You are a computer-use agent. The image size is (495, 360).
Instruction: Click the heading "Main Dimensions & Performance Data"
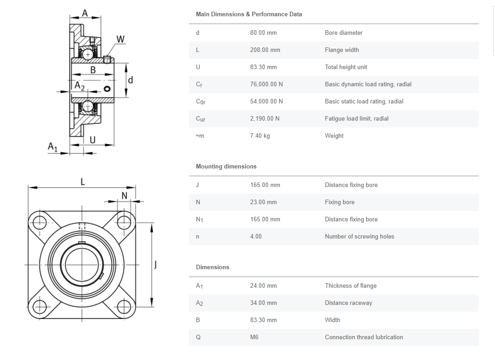pyautogui.click(x=249, y=14)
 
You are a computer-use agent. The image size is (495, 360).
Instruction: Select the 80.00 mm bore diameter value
pyautogui.click(x=263, y=33)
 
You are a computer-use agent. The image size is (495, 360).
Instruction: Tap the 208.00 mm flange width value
pyautogui.click(x=265, y=50)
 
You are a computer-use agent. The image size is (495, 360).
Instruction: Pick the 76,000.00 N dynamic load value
pyautogui.click(x=266, y=84)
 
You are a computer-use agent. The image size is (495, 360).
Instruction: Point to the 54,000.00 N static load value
pyautogui.click(x=266, y=101)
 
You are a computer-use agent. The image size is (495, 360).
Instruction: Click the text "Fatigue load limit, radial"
pyautogui.click(x=356, y=118)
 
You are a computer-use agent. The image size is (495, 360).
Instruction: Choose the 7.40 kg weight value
pyautogui.click(x=259, y=136)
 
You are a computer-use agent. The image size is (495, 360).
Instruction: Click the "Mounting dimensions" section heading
pyautogui.click(x=226, y=166)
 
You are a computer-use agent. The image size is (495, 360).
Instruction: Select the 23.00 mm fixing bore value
pyautogui.click(x=263, y=202)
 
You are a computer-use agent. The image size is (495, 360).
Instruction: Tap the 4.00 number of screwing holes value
pyautogui.click(x=256, y=236)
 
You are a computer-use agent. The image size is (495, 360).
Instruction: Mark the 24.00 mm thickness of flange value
pyautogui.click(x=263, y=285)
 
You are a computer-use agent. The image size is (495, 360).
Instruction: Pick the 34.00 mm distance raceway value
pyautogui.click(x=263, y=303)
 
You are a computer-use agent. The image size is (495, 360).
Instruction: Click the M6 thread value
pyautogui.click(x=254, y=337)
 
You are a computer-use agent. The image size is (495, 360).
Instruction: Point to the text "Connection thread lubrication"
pyautogui.click(x=363, y=337)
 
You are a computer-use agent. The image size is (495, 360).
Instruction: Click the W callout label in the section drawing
pyautogui.click(x=120, y=39)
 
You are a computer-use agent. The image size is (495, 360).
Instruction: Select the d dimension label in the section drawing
pyautogui.click(x=131, y=80)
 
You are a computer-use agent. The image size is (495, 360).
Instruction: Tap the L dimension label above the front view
pyautogui.click(x=82, y=182)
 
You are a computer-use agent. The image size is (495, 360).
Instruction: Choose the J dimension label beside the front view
pyautogui.click(x=156, y=264)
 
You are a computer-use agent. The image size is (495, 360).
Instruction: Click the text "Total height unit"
pyautogui.click(x=346, y=67)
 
